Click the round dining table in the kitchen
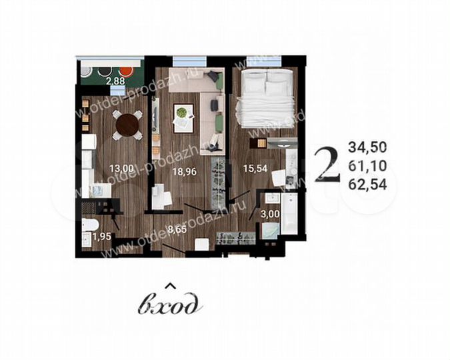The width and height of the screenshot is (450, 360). click(127, 124)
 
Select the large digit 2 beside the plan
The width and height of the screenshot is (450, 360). click(325, 163)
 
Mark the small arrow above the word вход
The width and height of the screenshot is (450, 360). click(169, 287)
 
